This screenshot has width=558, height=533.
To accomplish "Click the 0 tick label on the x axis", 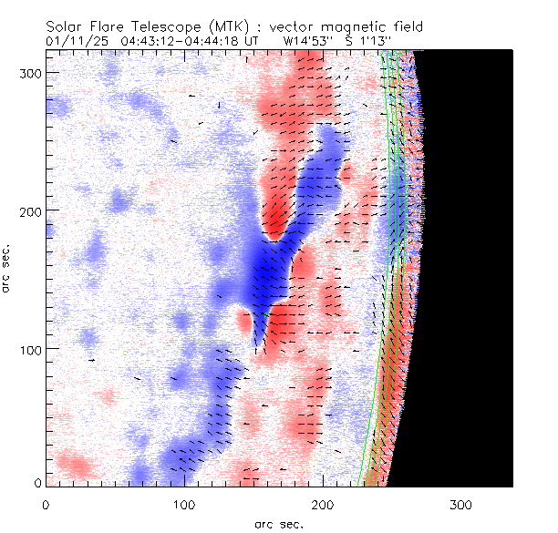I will pyautogui.click(x=46, y=504).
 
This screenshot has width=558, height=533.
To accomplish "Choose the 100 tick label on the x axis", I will pyautogui.click(x=184, y=504).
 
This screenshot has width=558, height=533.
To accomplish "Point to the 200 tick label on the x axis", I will pyautogui.click(x=323, y=504).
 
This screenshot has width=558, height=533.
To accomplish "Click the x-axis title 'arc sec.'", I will pyautogui.click(x=278, y=524).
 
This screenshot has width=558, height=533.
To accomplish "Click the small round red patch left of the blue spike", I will pyautogui.click(x=243, y=321).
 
